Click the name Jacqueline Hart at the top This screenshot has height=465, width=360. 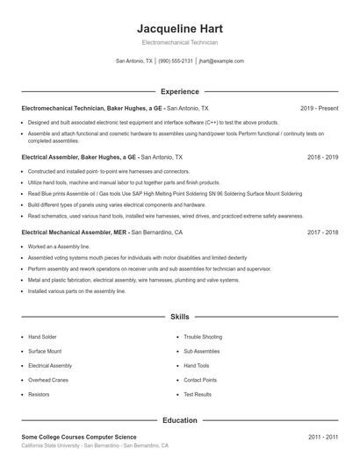point(179,28)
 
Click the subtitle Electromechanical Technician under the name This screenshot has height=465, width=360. point(179,42)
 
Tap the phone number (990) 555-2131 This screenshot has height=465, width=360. point(176,61)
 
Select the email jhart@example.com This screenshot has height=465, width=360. point(221,61)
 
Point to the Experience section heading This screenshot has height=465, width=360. point(179,91)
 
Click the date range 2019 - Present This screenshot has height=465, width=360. point(319,108)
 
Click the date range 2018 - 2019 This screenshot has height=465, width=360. point(322,157)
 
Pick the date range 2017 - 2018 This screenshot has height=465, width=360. point(322,232)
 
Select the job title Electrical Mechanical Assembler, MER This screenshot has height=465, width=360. point(75,232)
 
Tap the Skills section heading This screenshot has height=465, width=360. point(179,316)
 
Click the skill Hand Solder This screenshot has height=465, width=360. point(42,336)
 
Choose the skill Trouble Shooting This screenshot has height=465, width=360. point(203,336)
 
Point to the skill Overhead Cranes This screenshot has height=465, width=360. point(48,380)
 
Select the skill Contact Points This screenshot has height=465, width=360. point(200,380)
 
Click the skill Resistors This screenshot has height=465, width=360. point(39,395)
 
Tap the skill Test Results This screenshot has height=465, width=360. point(198,395)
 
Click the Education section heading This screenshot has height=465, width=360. point(179,420)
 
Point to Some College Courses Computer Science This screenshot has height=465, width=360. point(79,437)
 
